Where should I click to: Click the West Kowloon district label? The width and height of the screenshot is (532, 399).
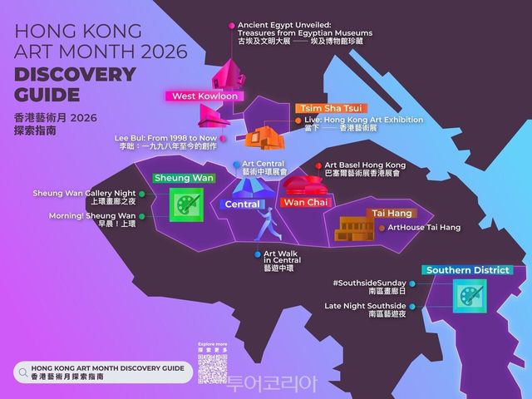(x=204, y=96)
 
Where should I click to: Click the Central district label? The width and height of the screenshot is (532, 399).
(x=243, y=204)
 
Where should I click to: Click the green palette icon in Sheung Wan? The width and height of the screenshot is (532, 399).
(x=185, y=204)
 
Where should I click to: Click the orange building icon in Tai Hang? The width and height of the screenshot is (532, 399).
(x=352, y=227)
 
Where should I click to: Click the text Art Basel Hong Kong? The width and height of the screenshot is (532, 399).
(x=365, y=165)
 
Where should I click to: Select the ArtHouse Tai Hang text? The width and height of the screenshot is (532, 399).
(x=424, y=228)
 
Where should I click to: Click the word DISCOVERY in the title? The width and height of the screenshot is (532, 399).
(x=75, y=74)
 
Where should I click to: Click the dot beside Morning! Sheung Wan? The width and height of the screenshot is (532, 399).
(x=143, y=216)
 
